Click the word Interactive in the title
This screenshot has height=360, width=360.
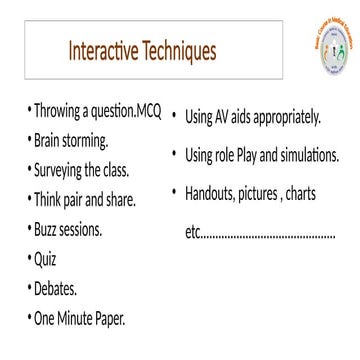pyautogui.click(x=109, y=49)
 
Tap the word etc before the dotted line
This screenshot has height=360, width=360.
pyautogui.click(x=193, y=233)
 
